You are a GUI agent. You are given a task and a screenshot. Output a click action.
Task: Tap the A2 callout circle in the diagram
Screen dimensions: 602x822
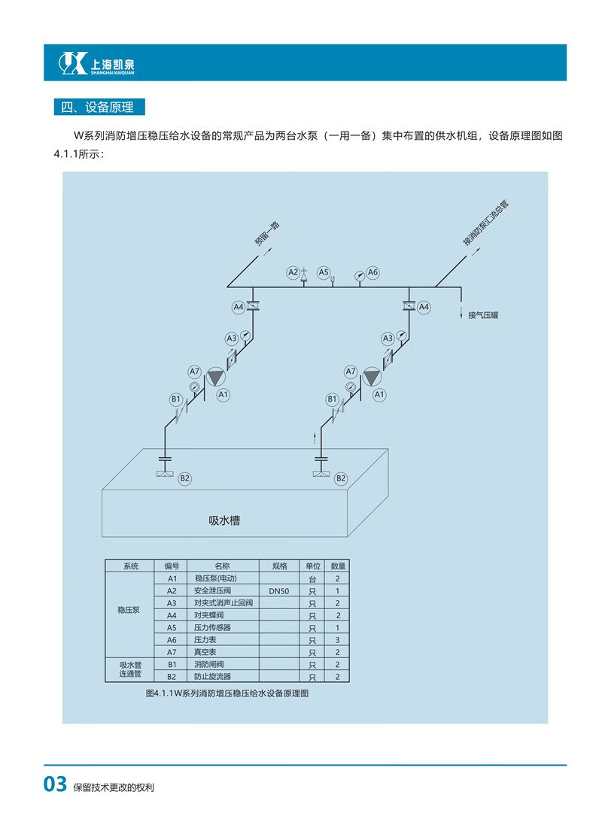click(x=293, y=271)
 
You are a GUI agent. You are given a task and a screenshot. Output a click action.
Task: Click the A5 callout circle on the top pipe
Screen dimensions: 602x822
click(x=324, y=271)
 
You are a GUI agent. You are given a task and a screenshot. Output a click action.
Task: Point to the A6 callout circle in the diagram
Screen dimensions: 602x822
click(x=372, y=271)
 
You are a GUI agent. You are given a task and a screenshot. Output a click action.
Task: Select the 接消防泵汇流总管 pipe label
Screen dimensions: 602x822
click(x=485, y=223)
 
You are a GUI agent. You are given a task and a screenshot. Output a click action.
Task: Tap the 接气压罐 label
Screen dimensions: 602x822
click(x=483, y=315)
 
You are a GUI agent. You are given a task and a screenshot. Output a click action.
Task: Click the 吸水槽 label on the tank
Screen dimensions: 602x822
click(x=224, y=520)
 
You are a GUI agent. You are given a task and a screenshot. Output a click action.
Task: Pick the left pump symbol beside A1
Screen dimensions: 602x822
click(x=215, y=376)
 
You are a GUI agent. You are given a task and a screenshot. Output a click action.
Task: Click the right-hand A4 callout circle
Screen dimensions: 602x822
click(x=424, y=307)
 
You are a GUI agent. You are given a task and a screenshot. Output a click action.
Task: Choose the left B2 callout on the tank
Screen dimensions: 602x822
click(x=185, y=478)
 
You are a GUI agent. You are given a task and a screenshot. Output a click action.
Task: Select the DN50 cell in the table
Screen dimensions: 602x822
click(x=278, y=591)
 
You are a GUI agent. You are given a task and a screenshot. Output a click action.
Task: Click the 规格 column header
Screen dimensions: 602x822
click(x=278, y=566)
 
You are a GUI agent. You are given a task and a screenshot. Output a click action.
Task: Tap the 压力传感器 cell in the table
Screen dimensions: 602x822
click(x=213, y=627)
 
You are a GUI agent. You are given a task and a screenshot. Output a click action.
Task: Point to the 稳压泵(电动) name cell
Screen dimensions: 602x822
click(x=216, y=578)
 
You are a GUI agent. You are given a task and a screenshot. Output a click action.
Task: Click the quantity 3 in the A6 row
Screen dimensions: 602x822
click(x=338, y=640)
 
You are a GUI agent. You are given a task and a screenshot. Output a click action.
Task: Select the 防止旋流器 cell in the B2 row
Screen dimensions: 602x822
click(x=213, y=677)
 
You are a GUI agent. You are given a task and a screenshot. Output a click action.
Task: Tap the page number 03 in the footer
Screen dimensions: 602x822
click(x=56, y=785)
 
